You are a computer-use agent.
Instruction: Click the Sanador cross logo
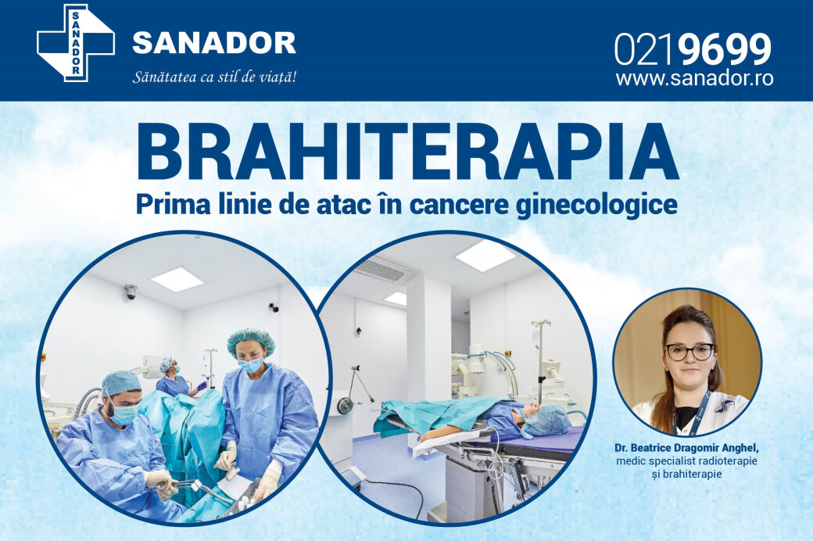pos(76,43)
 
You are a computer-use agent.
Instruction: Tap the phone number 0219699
pos(693,49)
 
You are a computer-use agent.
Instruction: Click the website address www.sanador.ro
pos(695,78)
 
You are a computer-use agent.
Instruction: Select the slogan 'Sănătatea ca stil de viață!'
pos(214,77)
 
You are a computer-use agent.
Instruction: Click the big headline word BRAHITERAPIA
pos(407,152)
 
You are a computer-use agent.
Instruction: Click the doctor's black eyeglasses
pos(689,352)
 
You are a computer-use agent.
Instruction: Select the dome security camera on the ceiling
pos(130,292)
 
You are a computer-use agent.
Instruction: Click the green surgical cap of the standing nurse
pos(251,340)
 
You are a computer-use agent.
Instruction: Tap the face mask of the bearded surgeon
pos(124,413)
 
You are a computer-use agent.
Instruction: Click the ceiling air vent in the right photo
pos(382,269)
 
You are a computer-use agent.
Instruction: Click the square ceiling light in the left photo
pos(177,279)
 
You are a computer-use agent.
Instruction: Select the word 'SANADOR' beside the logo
pos(214,42)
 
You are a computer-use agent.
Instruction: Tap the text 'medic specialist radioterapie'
pos(687,460)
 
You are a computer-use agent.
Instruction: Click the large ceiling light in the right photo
pos(485,254)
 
